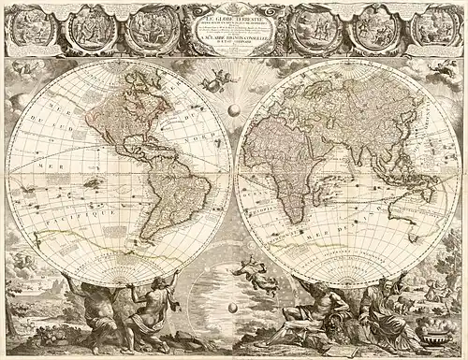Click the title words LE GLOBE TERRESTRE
coord(234,10)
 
